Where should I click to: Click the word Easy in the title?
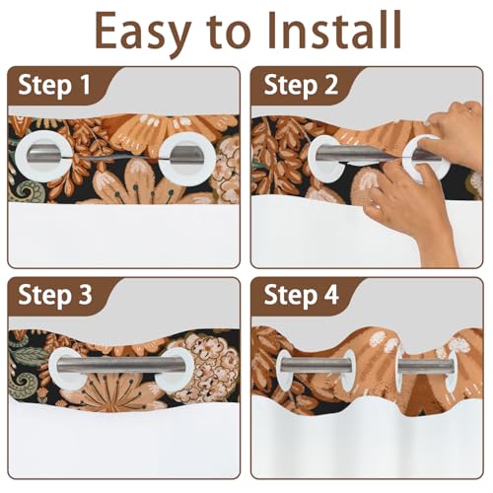pos(143,33)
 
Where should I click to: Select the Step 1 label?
pos(54,86)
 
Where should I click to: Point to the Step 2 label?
pos(301,86)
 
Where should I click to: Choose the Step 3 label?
pos(55,295)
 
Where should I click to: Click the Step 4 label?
pos(301,295)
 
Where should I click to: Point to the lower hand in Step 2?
pos(411,210)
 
